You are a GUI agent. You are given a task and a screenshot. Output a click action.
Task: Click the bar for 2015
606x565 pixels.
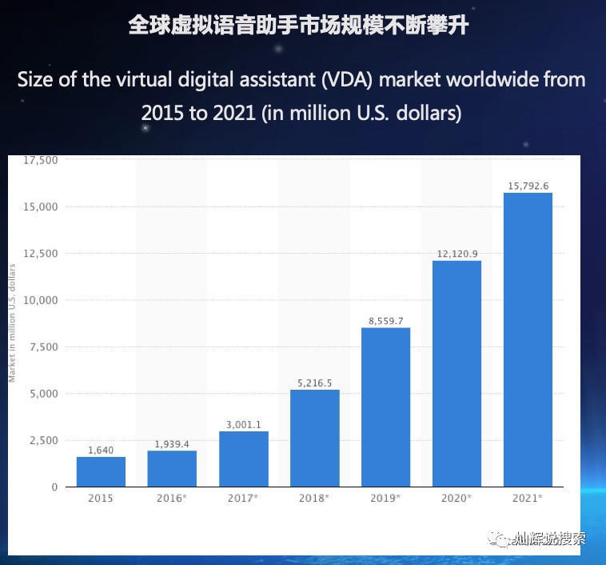(101, 471)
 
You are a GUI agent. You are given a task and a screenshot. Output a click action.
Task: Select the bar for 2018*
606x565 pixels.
(314, 438)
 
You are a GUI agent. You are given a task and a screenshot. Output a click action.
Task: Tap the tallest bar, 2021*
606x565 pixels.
(528, 339)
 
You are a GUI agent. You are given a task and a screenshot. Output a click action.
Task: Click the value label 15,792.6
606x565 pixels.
(528, 186)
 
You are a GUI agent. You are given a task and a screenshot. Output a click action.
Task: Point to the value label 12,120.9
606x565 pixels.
(457, 254)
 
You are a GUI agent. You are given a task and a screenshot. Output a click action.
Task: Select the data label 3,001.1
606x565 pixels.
(243, 425)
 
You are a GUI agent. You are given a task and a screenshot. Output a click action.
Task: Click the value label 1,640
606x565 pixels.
(101, 450)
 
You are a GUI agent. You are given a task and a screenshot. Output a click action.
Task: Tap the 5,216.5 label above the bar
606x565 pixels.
(314, 383)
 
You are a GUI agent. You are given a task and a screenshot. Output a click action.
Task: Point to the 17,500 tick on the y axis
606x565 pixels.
(41, 160)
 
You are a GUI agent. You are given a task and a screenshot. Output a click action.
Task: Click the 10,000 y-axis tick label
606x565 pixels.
(41, 300)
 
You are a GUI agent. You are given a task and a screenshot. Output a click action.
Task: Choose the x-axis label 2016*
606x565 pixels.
(172, 498)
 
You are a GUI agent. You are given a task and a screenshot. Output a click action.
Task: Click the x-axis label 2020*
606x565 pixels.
(457, 498)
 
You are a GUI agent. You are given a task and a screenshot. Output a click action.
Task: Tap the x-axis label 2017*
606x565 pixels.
(243, 498)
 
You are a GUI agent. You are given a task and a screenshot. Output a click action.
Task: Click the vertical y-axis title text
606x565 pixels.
(13, 323)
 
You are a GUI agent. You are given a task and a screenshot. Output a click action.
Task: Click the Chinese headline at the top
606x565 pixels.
(298, 25)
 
